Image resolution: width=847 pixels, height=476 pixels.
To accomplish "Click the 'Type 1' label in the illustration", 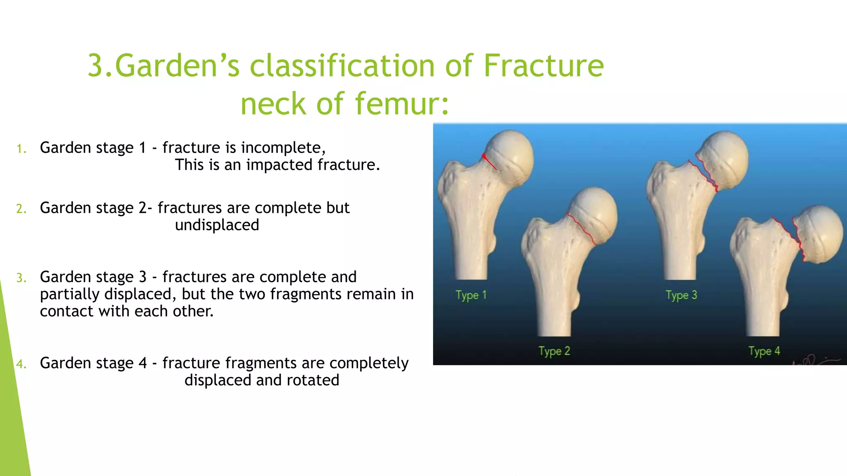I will click(471, 295).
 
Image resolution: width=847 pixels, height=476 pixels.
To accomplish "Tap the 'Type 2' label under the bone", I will click(554, 351).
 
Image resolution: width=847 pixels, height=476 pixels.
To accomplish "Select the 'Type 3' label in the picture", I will click(681, 295).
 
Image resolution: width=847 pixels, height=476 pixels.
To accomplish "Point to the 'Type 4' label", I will click(764, 351).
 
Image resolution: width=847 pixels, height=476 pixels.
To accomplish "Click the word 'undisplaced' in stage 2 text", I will click(217, 225).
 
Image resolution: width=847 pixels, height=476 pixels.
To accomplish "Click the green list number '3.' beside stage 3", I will click(22, 278).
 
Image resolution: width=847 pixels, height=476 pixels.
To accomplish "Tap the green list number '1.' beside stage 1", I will click(22, 149).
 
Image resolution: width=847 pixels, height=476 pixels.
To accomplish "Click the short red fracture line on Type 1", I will click(490, 162).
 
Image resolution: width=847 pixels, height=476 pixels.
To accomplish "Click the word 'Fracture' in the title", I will click(543, 66).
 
